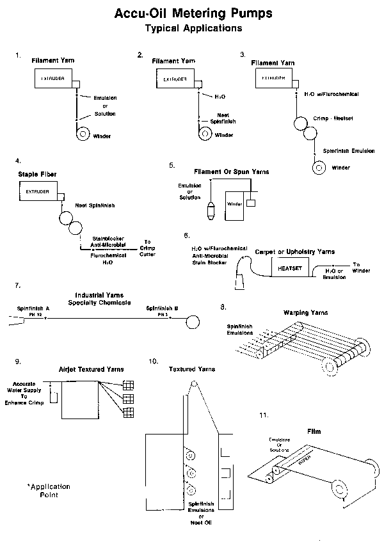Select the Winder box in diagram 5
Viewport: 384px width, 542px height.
[234, 205]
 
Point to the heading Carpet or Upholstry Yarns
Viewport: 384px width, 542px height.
[294, 252]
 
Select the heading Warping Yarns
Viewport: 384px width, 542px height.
[305, 312]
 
